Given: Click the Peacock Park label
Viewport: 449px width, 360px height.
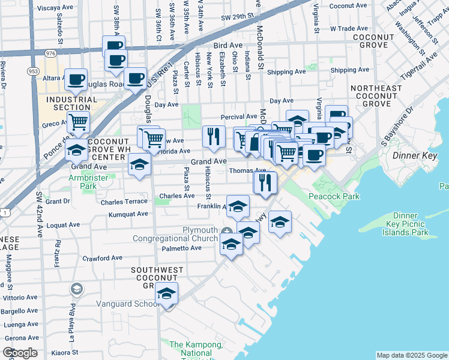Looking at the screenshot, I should point(334,196).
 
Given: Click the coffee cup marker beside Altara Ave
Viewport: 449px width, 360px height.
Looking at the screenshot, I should point(77,80).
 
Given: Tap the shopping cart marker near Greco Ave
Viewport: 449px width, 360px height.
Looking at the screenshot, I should point(78,122).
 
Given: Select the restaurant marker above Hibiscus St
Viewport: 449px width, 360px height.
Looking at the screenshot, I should point(213,137).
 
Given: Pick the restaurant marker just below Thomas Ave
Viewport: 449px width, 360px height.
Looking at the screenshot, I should point(265,182).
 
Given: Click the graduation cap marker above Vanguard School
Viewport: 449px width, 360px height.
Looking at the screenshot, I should point(166,294).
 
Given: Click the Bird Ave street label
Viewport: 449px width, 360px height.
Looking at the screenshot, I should point(227,46).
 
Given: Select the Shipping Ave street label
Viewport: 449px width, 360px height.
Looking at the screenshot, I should point(286,72).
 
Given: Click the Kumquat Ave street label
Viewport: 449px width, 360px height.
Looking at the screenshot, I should point(127,214).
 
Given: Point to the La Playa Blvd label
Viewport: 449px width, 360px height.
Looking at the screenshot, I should point(72,323).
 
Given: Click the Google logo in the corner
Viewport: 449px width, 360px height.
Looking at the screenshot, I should point(20,353).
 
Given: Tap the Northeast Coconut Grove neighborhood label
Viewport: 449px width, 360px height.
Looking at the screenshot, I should point(376,96).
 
